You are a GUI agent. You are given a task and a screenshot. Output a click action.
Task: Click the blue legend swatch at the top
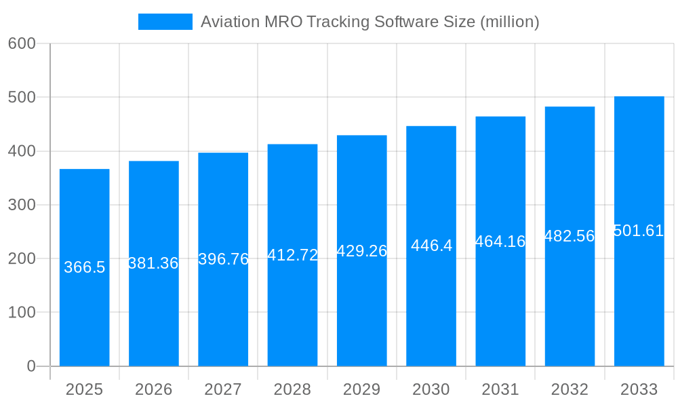(165, 22)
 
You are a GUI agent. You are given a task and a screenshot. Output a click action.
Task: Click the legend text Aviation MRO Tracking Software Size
(370, 22)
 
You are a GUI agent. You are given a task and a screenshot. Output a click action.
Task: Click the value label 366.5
(85, 267)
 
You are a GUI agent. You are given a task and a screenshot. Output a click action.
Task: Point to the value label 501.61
(639, 231)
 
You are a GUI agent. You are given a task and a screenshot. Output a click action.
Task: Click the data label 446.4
(431, 246)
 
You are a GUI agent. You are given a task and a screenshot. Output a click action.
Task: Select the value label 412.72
(292, 255)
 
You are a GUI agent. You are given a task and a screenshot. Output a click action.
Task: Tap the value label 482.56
(570, 236)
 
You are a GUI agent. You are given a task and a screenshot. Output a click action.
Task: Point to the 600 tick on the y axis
(22, 43)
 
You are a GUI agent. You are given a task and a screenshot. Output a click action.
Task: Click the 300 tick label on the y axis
(22, 205)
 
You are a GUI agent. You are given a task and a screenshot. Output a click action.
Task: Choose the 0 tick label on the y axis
(31, 366)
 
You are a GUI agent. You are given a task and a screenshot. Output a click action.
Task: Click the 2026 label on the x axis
(154, 389)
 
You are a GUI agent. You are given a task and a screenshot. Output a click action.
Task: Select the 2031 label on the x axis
(500, 389)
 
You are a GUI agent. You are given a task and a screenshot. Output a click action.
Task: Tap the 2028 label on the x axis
(292, 389)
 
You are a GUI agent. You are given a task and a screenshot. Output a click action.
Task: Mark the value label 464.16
(500, 241)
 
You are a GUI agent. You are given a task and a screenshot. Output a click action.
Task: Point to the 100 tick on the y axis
(22, 313)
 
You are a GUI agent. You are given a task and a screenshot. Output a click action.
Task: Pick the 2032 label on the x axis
(570, 389)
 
